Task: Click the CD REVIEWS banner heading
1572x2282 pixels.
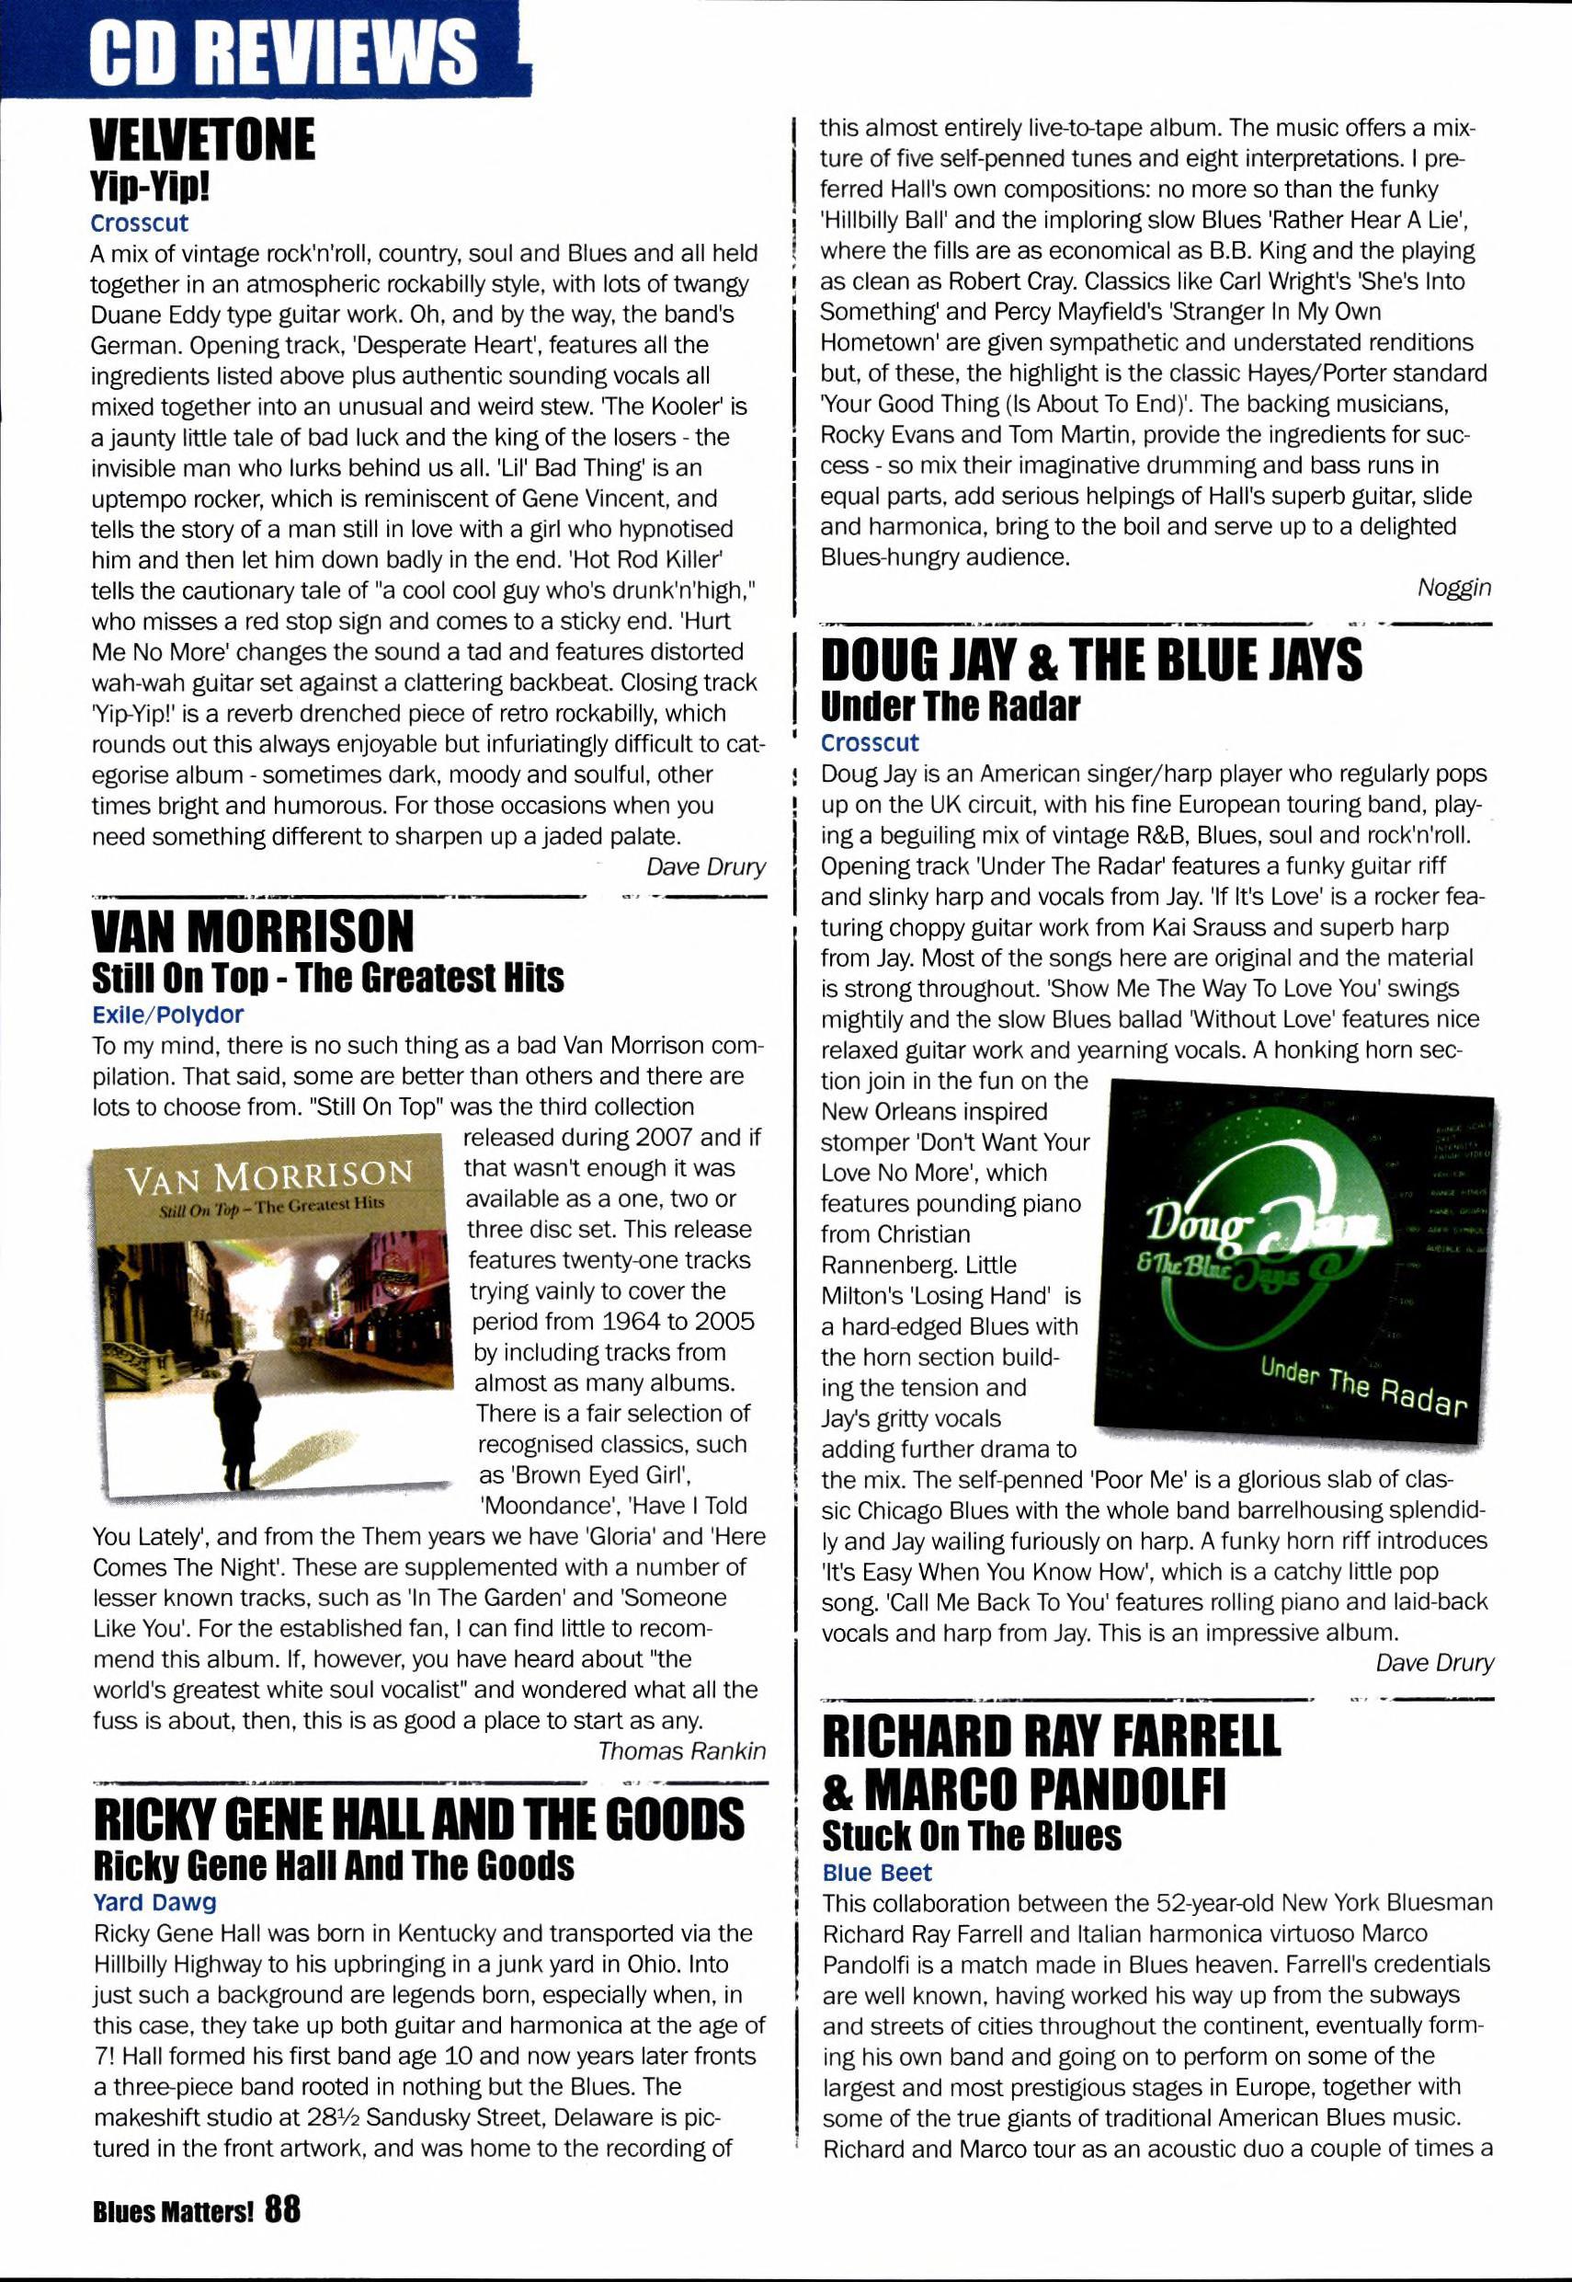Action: point(284,52)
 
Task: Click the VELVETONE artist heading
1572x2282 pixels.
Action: point(202,139)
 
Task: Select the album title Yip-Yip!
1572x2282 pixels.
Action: point(150,185)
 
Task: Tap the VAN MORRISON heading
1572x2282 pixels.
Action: point(253,931)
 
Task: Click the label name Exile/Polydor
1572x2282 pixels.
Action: point(167,1014)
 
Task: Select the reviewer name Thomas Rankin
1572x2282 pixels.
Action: point(681,1750)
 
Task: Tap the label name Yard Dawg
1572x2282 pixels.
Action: point(154,1902)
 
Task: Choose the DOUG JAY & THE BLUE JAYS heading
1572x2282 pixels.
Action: point(1091,660)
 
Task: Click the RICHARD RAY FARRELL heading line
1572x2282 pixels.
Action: point(1051,1737)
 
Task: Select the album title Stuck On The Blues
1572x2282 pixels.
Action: point(971,1836)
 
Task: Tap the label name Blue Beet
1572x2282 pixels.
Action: point(877,1872)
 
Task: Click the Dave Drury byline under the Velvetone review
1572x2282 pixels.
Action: point(705,866)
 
